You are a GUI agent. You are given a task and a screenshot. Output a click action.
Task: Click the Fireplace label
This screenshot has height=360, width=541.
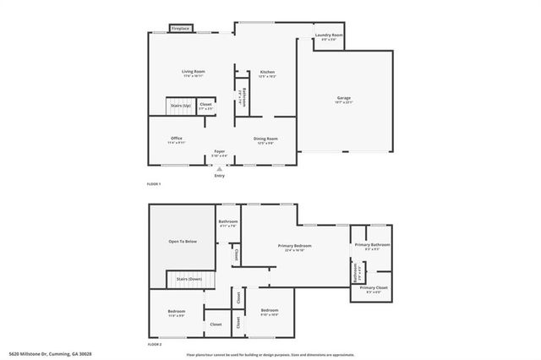180,29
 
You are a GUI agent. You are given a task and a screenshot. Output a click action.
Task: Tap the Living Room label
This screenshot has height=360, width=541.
194,72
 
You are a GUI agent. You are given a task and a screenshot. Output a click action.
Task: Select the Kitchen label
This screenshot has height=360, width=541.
267,72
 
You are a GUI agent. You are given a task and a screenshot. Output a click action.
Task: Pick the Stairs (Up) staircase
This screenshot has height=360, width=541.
180,106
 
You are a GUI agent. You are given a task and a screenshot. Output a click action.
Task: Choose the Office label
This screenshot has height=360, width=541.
176,139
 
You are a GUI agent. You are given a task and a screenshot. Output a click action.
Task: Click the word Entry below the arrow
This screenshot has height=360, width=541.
220,176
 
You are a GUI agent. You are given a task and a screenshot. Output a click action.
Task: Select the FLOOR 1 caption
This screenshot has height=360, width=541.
153,184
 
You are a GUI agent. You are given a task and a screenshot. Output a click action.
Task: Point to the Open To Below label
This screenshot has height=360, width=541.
183,242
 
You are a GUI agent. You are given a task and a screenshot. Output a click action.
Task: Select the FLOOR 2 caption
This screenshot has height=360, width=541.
154,345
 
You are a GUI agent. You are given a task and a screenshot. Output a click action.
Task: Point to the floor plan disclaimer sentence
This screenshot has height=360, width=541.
270,354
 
